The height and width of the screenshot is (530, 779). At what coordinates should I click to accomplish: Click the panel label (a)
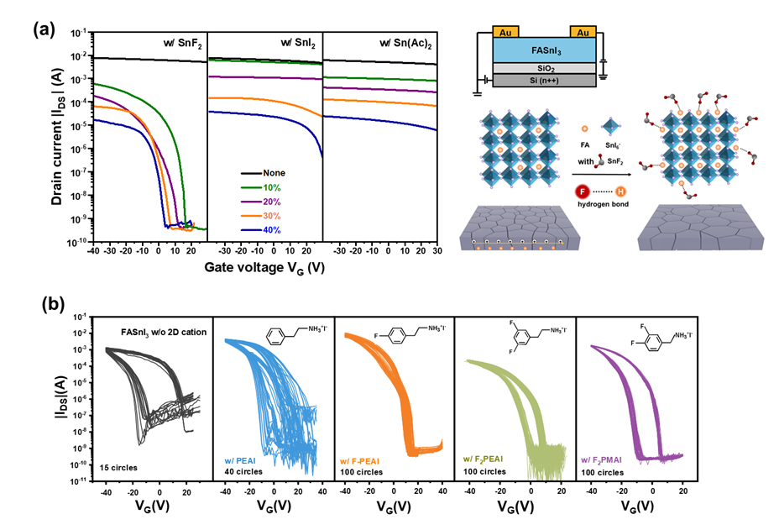[44, 30]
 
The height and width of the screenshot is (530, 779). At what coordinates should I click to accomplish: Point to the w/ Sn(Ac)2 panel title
[404, 43]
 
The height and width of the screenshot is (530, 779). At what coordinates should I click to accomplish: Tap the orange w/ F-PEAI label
[366, 459]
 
